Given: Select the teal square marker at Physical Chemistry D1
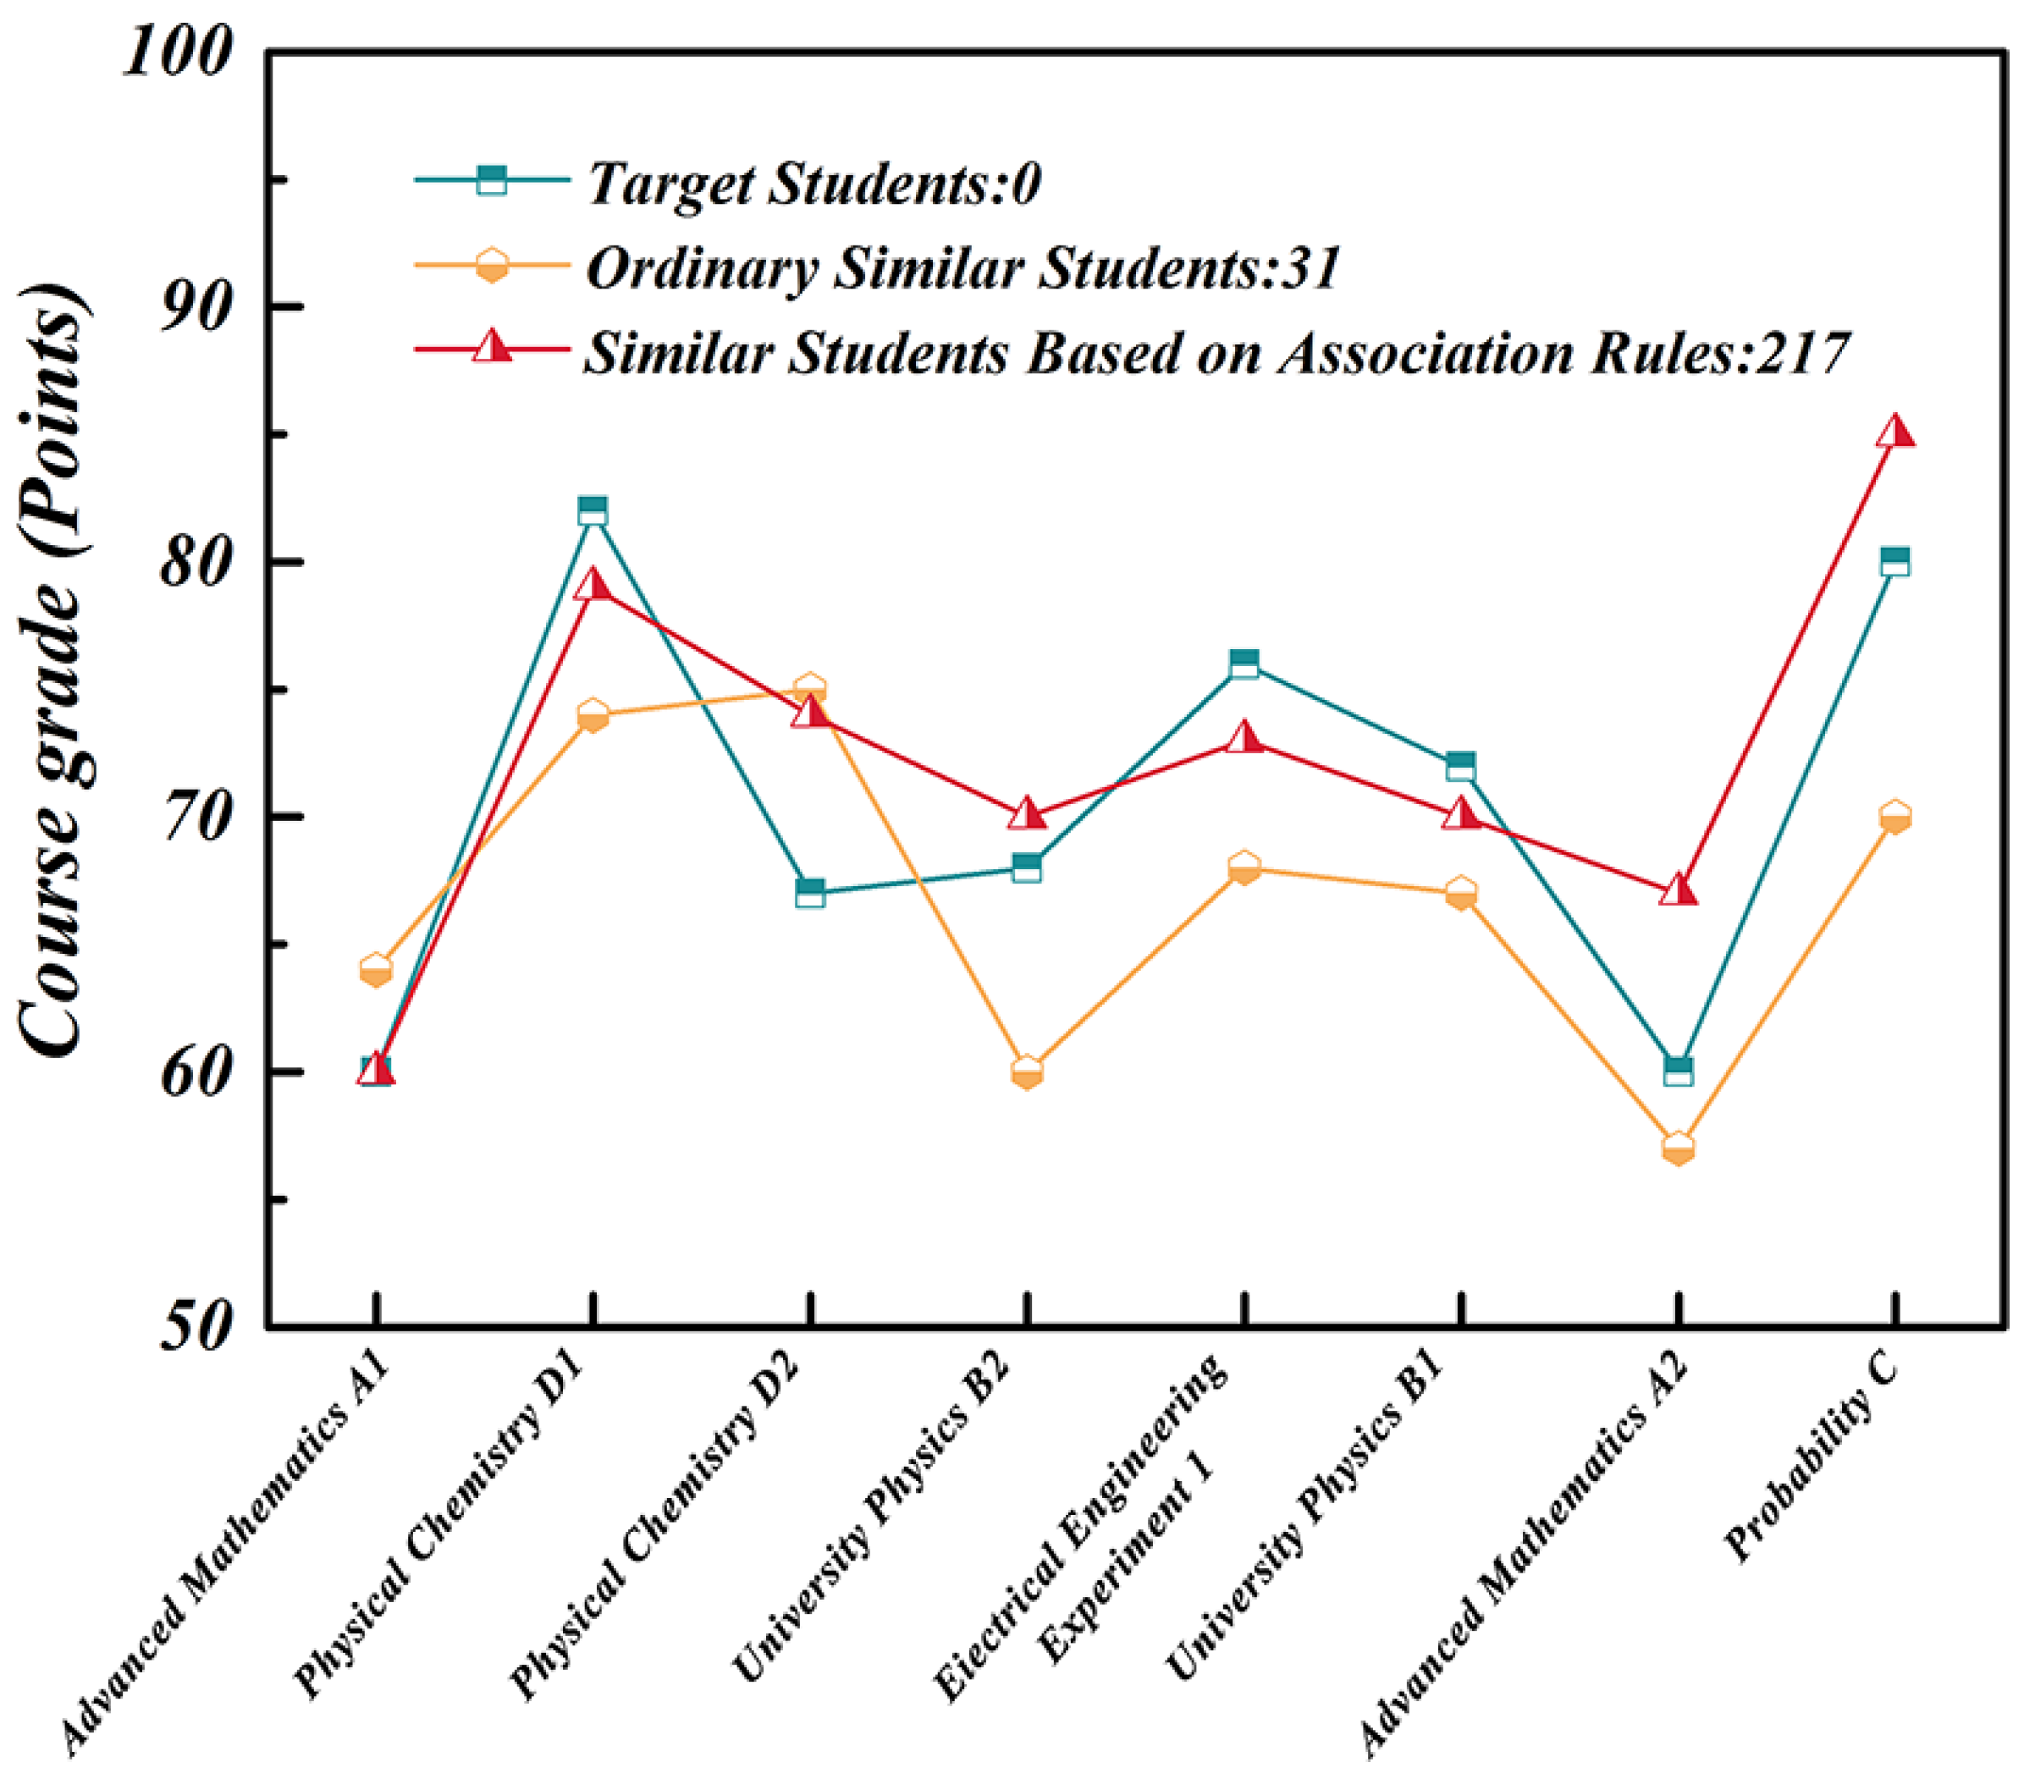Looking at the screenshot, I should (593, 510).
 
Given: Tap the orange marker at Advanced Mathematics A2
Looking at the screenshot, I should (1678, 1149).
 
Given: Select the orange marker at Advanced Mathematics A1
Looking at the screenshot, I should (375, 970).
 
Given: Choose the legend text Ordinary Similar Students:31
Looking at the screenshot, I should (963, 268).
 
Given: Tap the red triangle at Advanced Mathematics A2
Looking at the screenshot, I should (1678, 890).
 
